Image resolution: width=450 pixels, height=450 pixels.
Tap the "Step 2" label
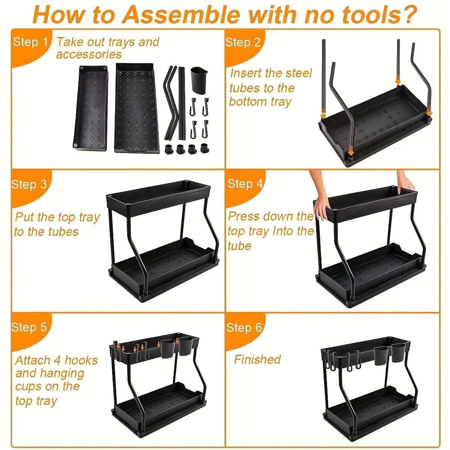click(x=243, y=42)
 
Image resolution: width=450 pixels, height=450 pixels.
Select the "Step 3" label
click(x=29, y=184)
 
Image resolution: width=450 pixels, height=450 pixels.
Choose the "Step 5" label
click(x=29, y=327)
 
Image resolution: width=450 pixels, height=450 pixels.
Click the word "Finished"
click(x=257, y=360)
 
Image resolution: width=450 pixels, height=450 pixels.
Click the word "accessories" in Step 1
click(x=89, y=55)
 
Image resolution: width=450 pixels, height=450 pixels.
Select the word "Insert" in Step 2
click(x=244, y=73)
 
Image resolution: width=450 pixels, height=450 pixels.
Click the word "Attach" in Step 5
click(x=33, y=360)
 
